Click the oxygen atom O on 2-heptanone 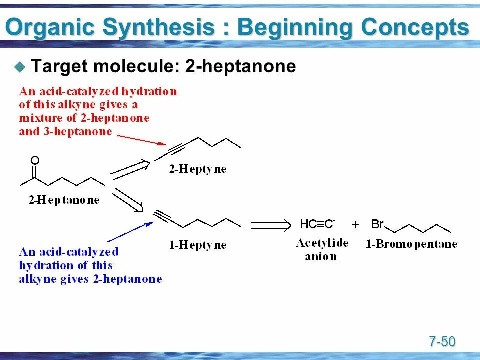(x=35, y=160)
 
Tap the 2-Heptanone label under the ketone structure (x=64, y=200)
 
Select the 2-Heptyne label (x=198, y=169)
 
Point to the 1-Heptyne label (x=198, y=245)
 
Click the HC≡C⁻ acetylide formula (x=318, y=224)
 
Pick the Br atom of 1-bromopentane (x=377, y=224)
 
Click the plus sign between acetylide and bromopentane (x=356, y=225)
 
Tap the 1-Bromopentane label (x=411, y=244)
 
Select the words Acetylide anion (x=322, y=250)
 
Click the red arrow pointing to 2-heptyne (x=140, y=139)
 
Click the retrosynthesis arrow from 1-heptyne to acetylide (x=270, y=225)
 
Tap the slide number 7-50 (x=442, y=342)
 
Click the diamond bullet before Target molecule (x=20, y=66)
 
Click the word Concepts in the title (x=415, y=28)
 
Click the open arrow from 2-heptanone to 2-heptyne (x=130, y=169)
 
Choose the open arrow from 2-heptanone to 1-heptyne (x=128, y=200)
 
